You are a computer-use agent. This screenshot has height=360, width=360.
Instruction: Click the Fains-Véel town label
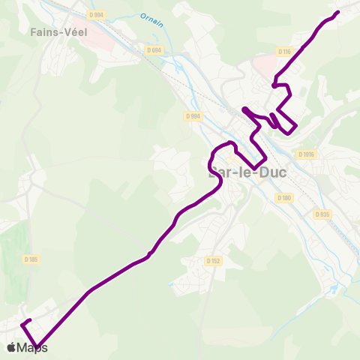59,32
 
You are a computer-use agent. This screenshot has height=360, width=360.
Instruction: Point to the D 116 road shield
283,52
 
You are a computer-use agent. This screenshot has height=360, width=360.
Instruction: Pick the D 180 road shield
283,198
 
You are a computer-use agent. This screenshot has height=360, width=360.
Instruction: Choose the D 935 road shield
322,214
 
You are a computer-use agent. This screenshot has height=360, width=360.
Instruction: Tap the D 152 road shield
213,261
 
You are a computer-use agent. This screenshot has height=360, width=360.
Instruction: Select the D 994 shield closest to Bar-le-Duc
193,116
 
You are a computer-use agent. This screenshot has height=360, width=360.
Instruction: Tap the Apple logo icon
11,348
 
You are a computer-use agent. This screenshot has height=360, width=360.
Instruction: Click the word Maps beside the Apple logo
32,348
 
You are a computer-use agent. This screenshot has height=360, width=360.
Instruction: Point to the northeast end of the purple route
337,11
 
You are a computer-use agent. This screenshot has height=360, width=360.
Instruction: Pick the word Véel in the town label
75,32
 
